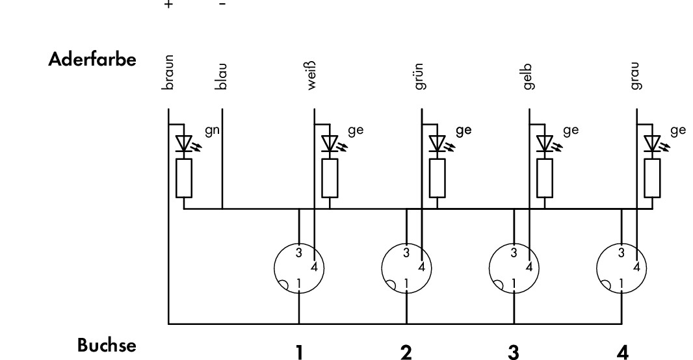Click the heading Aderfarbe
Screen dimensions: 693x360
[x=92, y=59]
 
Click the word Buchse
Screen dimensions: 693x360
[x=107, y=345]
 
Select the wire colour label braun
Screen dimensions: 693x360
[x=168, y=72]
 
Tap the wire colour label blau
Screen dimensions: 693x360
[x=222, y=77]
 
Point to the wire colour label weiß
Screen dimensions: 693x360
[x=311, y=75]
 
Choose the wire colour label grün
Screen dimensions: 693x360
[x=421, y=77]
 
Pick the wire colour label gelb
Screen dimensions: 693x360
[x=528, y=77]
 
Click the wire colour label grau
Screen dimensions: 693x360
[x=636, y=77]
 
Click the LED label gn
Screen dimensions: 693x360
[x=212, y=131]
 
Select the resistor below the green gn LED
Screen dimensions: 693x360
[x=184, y=179]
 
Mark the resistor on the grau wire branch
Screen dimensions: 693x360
[x=652, y=179]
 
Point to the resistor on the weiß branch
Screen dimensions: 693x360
[x=330, y=179]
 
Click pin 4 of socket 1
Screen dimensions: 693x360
[x=314, y=267]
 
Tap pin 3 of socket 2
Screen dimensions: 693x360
[x=406, y=253]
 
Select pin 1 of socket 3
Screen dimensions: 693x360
[x=514, y=283]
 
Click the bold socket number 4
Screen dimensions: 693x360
[x=622, y=352]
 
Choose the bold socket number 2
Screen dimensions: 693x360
[x=406, y=352]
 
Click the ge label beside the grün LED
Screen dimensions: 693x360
[x=464, y=131]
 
